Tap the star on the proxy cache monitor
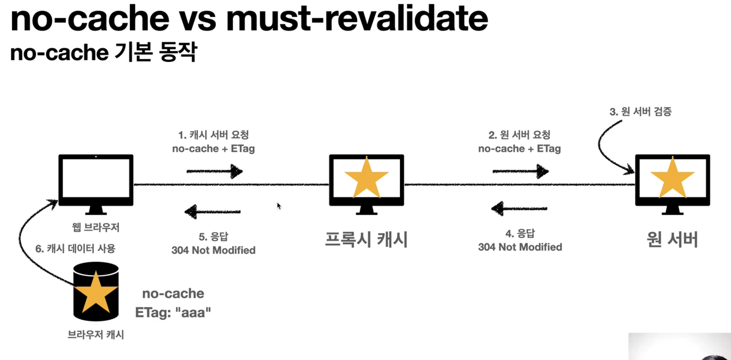click(366, 178)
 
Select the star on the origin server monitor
click(672, 178)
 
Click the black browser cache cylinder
click(96, 292)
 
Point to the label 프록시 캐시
click(366, 239)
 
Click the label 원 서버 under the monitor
click(672, 239)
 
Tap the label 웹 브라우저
click(96, 227)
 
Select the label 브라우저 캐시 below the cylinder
click(96, 334)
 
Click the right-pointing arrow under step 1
click(214, 171)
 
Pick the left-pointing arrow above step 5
click(213, 212)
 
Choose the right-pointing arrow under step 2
click(520, 171)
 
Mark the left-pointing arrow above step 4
click(519, 209)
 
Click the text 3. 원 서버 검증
click(640, 111)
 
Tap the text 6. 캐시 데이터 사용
click(75, 248)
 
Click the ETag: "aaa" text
click(173, 312)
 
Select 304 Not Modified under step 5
click(214, 250)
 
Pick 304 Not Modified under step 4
click(520, 247)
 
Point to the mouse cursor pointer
click(279, 206)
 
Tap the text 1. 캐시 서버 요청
click(214, 135)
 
